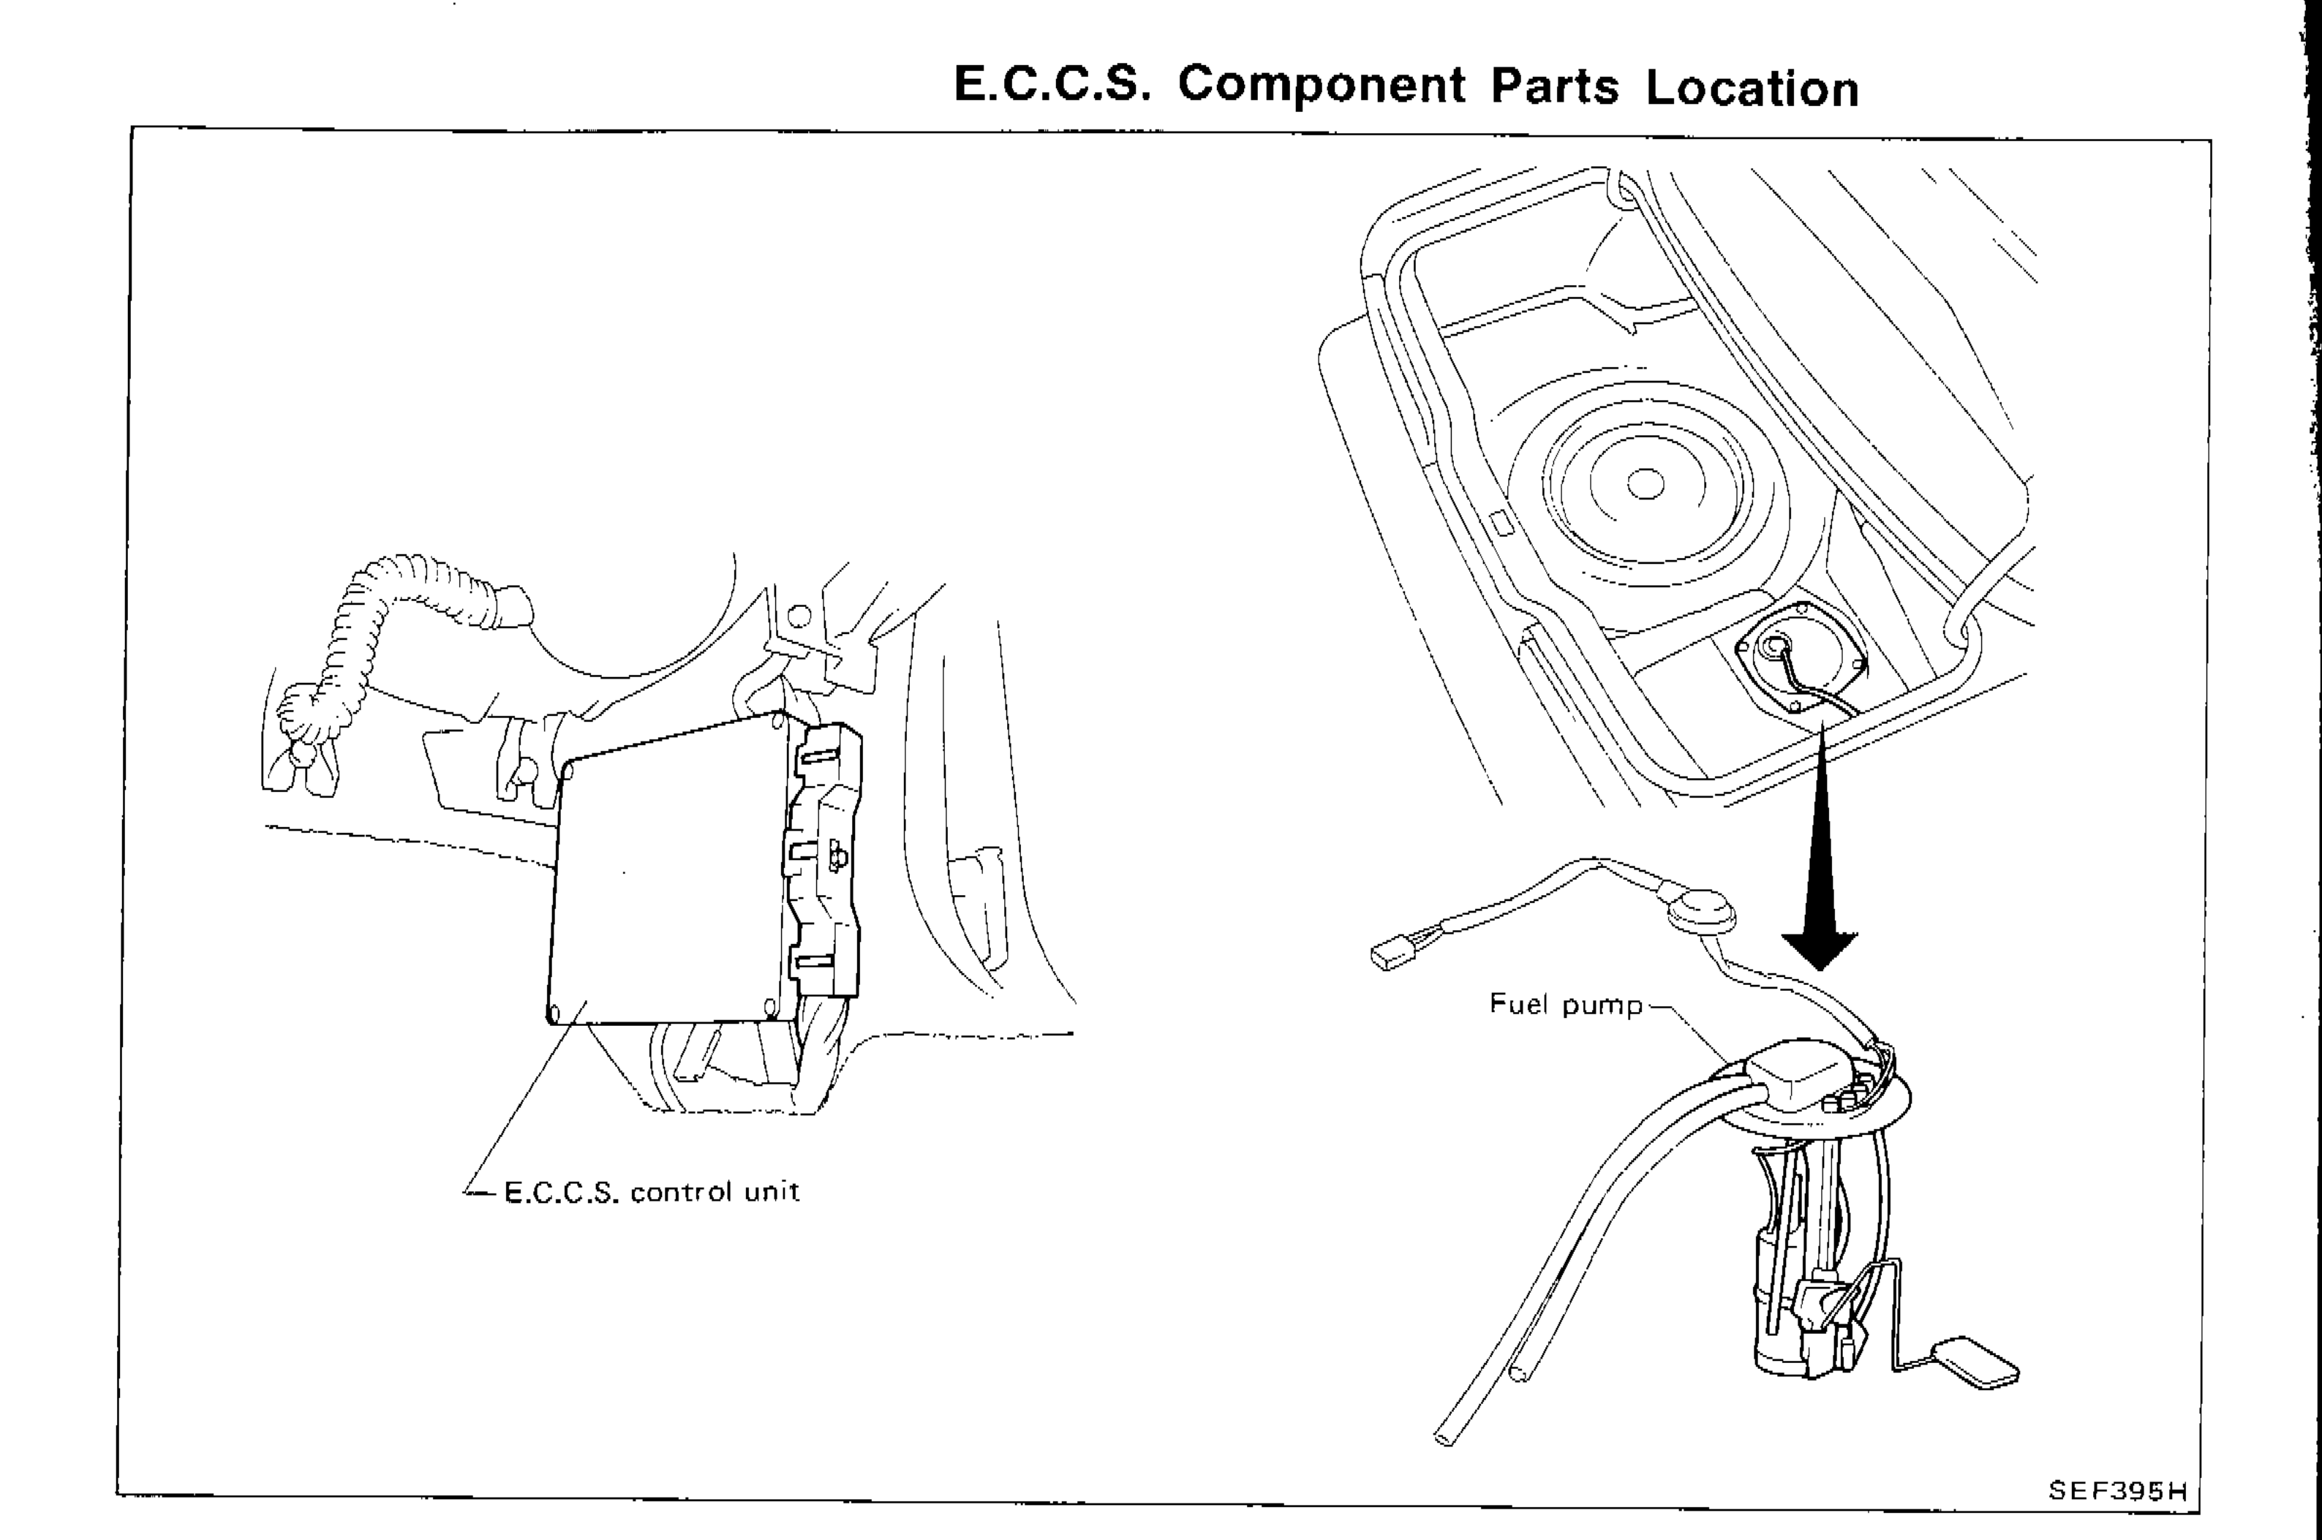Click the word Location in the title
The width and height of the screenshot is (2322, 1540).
[x=1752, y=88]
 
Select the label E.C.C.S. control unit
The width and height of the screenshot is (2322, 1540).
[x=651, y=1193]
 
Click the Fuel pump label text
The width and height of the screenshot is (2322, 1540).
[x=1564, y=1005]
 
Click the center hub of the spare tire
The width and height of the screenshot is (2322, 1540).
[x=1646, y=484]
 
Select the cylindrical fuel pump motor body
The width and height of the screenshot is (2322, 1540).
[x=1783, y=1306]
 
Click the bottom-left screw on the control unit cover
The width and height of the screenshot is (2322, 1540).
[x=553, y=1011]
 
